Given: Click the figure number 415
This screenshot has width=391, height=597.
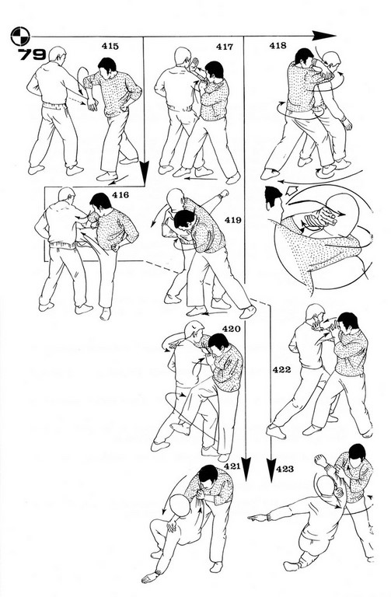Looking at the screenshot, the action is pyautogui.click(x=110, y=47).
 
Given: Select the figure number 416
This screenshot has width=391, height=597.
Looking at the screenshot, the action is pyautogui.click(x=120, y=195).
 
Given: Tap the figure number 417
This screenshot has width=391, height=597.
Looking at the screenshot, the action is pyautogui.click(x=225, y=47).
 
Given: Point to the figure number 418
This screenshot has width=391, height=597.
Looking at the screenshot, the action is pyautogui.click(x=278, y=46).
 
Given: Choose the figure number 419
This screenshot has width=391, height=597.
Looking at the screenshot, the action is pyautogui.click(x=232, y=220).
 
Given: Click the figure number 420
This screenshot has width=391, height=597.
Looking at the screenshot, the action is pyautogui.click(x=232, y=329).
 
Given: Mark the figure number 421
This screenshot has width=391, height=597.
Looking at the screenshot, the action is pyautogui.click(x=232, y=466).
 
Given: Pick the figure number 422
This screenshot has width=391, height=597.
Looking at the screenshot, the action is pyautogui.click(x=281, y=369).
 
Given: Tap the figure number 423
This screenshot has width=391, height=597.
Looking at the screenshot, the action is pyautogui.click(x=285, y=469).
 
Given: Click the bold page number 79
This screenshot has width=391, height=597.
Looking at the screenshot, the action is pyautogui.click(x=33, y=54).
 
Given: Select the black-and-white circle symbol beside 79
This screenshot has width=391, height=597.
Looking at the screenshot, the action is pyautogui.click(x=20, y=37).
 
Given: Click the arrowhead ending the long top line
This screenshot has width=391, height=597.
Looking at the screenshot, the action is pyautogui.click(x=324, y=36).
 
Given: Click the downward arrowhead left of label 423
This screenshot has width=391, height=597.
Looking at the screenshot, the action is pyautogui.click(x=271, y=470).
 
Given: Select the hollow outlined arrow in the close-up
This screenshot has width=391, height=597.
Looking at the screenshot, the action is pyautogui.click(x=292, y=190).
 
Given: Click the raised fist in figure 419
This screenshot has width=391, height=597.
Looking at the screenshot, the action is pyautogui.click(x=225, y=193).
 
